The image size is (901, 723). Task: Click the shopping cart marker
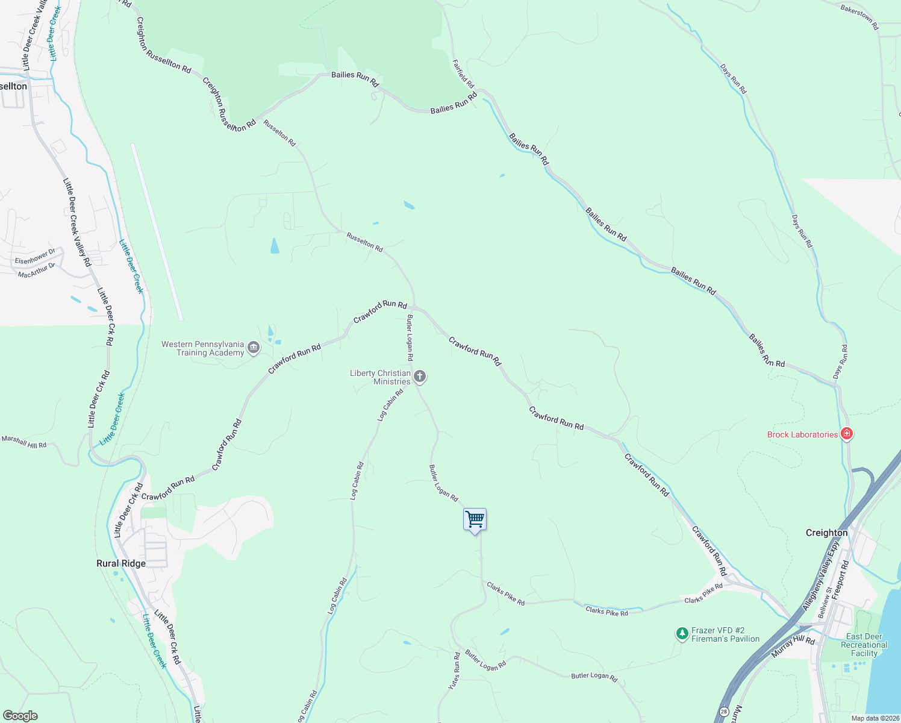pos(475,519)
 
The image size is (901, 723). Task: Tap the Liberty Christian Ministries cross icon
pos(420,377)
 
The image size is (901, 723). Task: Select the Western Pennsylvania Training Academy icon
pos(254,348)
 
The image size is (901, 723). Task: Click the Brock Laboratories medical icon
pos(846,434)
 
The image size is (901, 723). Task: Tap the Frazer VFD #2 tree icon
pos(682,634)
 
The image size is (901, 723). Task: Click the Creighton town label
pos(826,533)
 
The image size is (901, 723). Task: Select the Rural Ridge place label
pos(121,563)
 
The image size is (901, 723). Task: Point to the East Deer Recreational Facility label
pos(864,645)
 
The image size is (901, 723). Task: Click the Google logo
pos(20,716)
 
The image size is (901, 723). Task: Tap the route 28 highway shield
pos(724,712)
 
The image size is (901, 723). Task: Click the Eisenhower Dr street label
pos(35,257)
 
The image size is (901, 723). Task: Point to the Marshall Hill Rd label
pos(24,442)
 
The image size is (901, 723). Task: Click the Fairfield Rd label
pos(463,74)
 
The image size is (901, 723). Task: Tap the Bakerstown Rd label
pos(859,17)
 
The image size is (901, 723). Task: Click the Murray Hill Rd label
pos(793,648)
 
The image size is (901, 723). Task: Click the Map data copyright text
pos(874,718)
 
